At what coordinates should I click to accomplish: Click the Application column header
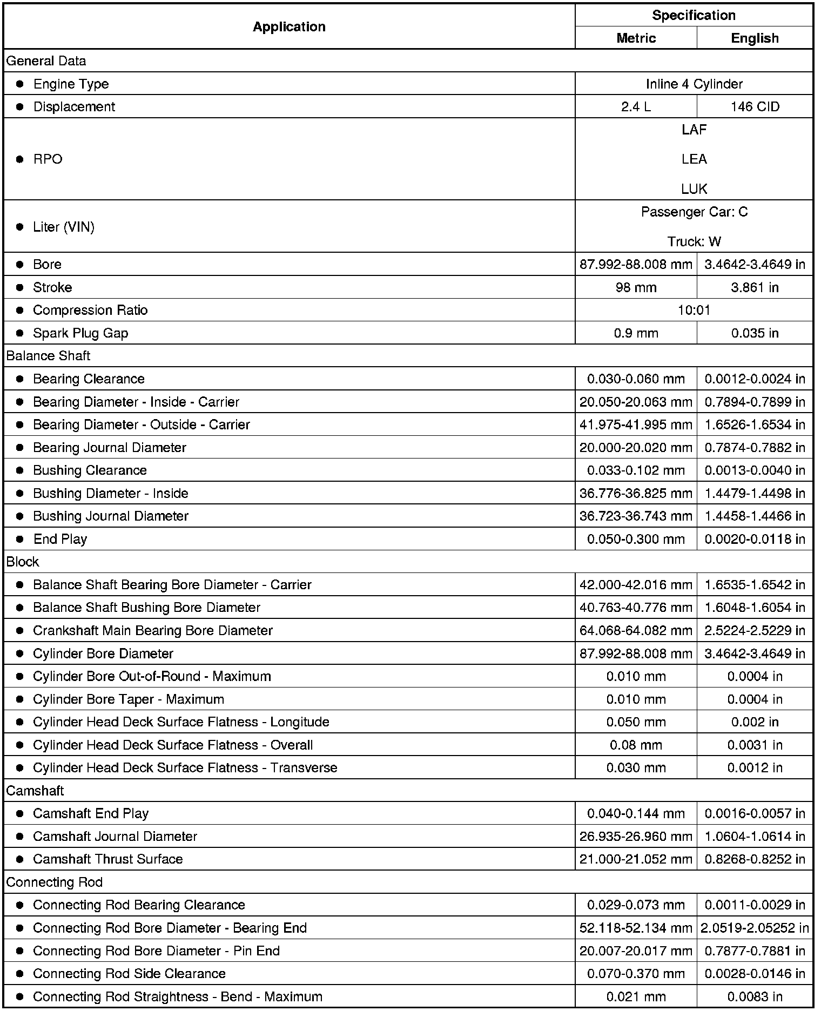289,26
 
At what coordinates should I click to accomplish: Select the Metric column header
636,38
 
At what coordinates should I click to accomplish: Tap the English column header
755,38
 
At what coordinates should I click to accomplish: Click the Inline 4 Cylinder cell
694,84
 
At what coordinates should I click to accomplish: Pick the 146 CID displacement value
755,107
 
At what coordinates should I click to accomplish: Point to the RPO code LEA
694,159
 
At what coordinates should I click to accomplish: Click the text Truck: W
694,241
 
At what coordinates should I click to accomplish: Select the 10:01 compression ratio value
694,310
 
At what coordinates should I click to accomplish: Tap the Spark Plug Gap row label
80,333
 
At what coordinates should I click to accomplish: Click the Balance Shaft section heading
49,356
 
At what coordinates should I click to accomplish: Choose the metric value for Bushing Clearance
636,470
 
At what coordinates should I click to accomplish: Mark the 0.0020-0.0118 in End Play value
755,539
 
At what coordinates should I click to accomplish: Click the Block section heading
23,562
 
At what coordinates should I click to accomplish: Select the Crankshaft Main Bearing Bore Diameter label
153,631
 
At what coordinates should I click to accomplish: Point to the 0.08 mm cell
636,745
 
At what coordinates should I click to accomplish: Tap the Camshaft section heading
35,791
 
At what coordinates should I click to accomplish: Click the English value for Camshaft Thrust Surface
755,859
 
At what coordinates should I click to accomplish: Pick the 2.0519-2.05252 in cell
755,928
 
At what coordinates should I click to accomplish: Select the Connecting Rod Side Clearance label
129,974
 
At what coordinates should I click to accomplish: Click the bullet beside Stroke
20,287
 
